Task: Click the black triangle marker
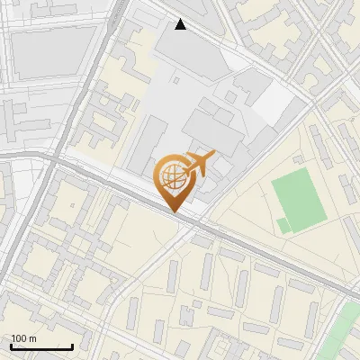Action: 181,24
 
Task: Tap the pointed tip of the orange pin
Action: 173,211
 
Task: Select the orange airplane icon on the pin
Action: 199,164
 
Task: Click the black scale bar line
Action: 41,346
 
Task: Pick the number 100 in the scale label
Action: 19,338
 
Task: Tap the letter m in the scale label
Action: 32,338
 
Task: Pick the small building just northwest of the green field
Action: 296,159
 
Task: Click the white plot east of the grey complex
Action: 274,108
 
